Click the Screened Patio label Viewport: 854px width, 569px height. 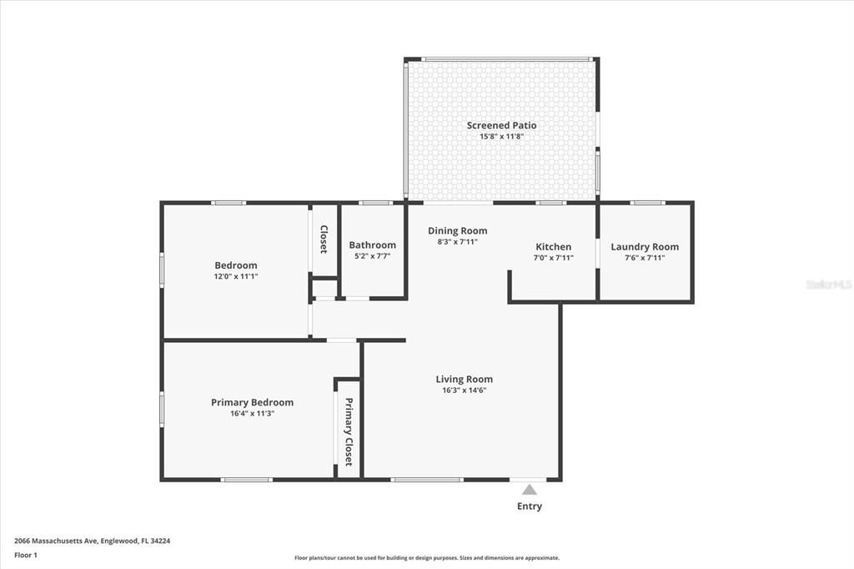pos(501,125)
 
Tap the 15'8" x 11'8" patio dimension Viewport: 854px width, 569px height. pos(501,136)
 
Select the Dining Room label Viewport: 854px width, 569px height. pos(457,230)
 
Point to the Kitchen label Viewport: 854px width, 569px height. pos(553,247)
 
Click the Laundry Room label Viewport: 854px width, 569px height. pos(645,247)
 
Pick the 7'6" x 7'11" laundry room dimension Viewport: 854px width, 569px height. pos(645,258)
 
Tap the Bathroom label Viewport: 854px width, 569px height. pos(372,245)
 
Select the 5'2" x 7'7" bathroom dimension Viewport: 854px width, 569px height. pos(372,256)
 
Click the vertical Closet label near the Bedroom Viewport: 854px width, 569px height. pos(324,239)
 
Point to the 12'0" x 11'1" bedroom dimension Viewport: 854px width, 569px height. pos(236,276)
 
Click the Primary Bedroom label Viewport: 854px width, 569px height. pos(252,402)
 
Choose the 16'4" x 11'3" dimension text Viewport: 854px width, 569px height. pos(252,413)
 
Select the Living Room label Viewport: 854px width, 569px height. pos(464,379)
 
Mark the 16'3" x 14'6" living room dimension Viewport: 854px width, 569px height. pos(464,390)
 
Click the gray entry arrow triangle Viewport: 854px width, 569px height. pos(530,490)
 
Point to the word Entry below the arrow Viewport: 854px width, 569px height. pos(530,506)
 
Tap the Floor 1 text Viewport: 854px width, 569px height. pos(26,555)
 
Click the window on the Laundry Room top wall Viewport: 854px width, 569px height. pos(646,202)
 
